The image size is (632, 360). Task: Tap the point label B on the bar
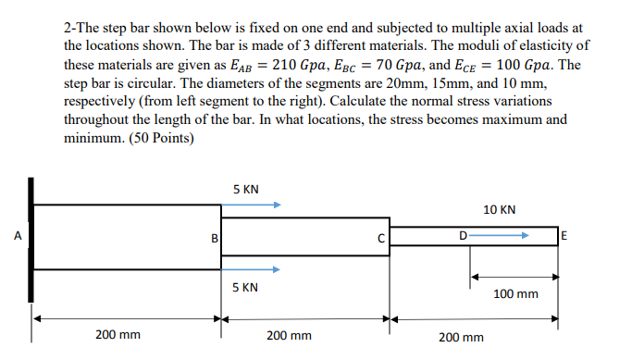(x=215, y=238)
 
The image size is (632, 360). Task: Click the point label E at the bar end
(x=564, y=237)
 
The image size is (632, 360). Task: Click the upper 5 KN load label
(x=246, y=190)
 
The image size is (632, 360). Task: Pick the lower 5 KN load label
(x=246, y=288)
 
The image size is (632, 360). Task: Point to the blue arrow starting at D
(x=499, y=237)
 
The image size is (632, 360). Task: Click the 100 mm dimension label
(x=515, y=293)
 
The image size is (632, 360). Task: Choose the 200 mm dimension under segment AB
(x=118, y=335)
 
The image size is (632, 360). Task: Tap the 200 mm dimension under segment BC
(x=289, y=335)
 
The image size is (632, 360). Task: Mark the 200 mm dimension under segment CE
(x=461, y=337)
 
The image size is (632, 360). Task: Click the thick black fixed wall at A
(x=32, y=238)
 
